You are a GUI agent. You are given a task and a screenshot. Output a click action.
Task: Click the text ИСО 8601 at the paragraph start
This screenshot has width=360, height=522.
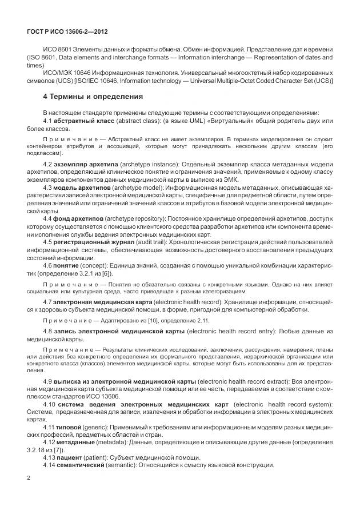(x=57, y=50)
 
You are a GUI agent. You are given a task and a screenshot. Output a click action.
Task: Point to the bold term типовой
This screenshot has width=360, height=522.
(x=72, y=427)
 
